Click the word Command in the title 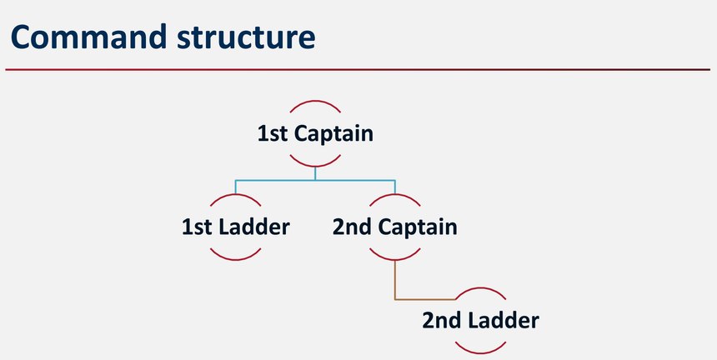(88, 37)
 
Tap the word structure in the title (246, 37)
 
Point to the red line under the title (358, 69)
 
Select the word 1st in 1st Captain (272, 134)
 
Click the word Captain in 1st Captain (333, 134)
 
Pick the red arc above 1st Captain (315, 101)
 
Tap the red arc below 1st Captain (315, 165)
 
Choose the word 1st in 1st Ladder (197, 227)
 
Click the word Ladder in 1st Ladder (254, 227)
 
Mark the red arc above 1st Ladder (235, 195)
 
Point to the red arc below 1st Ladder (235, 259)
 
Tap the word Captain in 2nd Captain (417, 227)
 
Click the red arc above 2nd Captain (394, 195)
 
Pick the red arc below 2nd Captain (394, 259)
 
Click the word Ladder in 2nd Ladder (504, 320)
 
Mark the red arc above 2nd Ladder (480, 288)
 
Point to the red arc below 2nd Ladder (480, 352)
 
